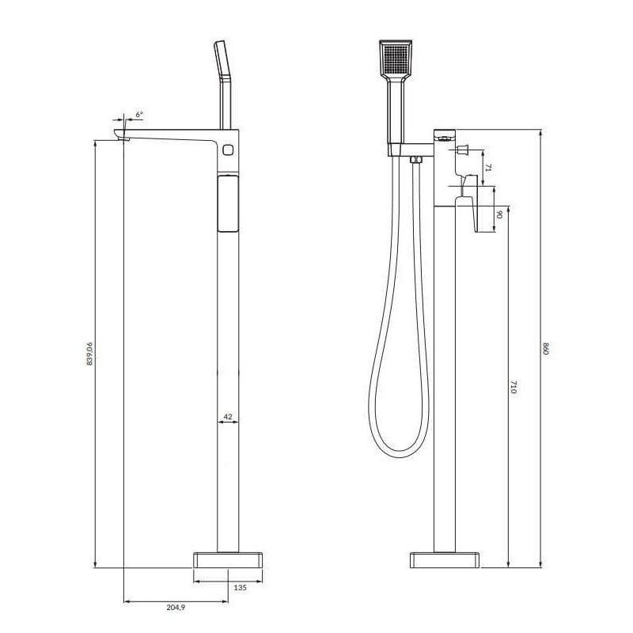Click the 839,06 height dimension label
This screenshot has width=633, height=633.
pos(89,354)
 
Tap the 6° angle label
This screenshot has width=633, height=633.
pos(139,114)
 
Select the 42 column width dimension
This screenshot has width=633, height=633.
pos(228,417)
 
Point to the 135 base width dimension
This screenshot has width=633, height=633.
pos(241,587)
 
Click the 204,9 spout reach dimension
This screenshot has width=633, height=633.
pos(176,607)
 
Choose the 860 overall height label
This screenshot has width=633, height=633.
pos(546,348)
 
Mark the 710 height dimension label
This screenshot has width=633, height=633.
pos(513,386)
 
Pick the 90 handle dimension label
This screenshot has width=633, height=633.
pos(499,214)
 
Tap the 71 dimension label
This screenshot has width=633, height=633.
pos(488,168)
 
